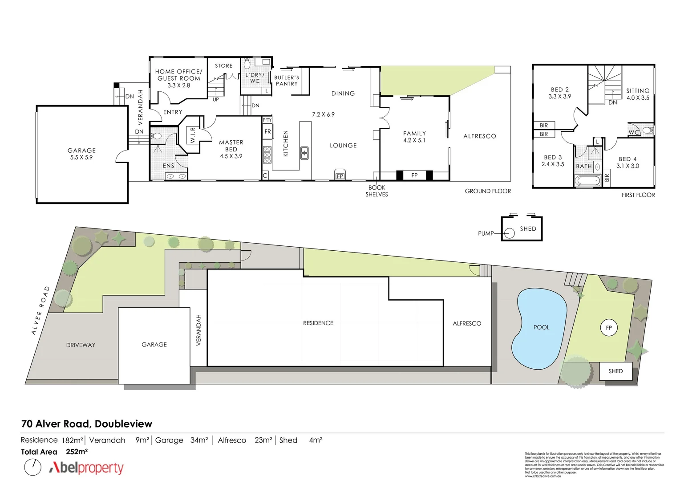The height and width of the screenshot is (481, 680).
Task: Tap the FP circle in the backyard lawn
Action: click(608, 328)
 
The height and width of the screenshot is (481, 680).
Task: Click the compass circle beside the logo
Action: click(32, 467)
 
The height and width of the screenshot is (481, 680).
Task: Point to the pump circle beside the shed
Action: click(508, 233)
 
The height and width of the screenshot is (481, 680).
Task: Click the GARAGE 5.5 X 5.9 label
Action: click(81, 154)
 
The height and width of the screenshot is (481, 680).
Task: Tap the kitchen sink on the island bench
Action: click(304, 153)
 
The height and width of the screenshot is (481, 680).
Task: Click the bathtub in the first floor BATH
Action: click(587, 181)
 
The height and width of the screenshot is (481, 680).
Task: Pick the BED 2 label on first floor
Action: click(559, 93)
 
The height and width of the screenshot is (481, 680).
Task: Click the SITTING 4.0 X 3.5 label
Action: click(638, 94)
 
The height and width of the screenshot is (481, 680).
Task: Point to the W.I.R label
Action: click(193, 135)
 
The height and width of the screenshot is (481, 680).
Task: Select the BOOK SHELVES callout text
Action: click(376, 191)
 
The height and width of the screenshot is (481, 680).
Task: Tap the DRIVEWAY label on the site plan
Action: click(81, 345)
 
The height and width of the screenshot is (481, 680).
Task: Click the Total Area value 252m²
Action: click(77, 452)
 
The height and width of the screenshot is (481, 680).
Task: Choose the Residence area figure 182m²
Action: click(72, 440)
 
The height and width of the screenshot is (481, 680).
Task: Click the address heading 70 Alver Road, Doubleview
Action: click(87, 424)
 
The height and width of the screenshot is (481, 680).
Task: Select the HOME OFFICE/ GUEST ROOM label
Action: click(178, 78)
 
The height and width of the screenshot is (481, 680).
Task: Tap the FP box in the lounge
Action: click(340, 175)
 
